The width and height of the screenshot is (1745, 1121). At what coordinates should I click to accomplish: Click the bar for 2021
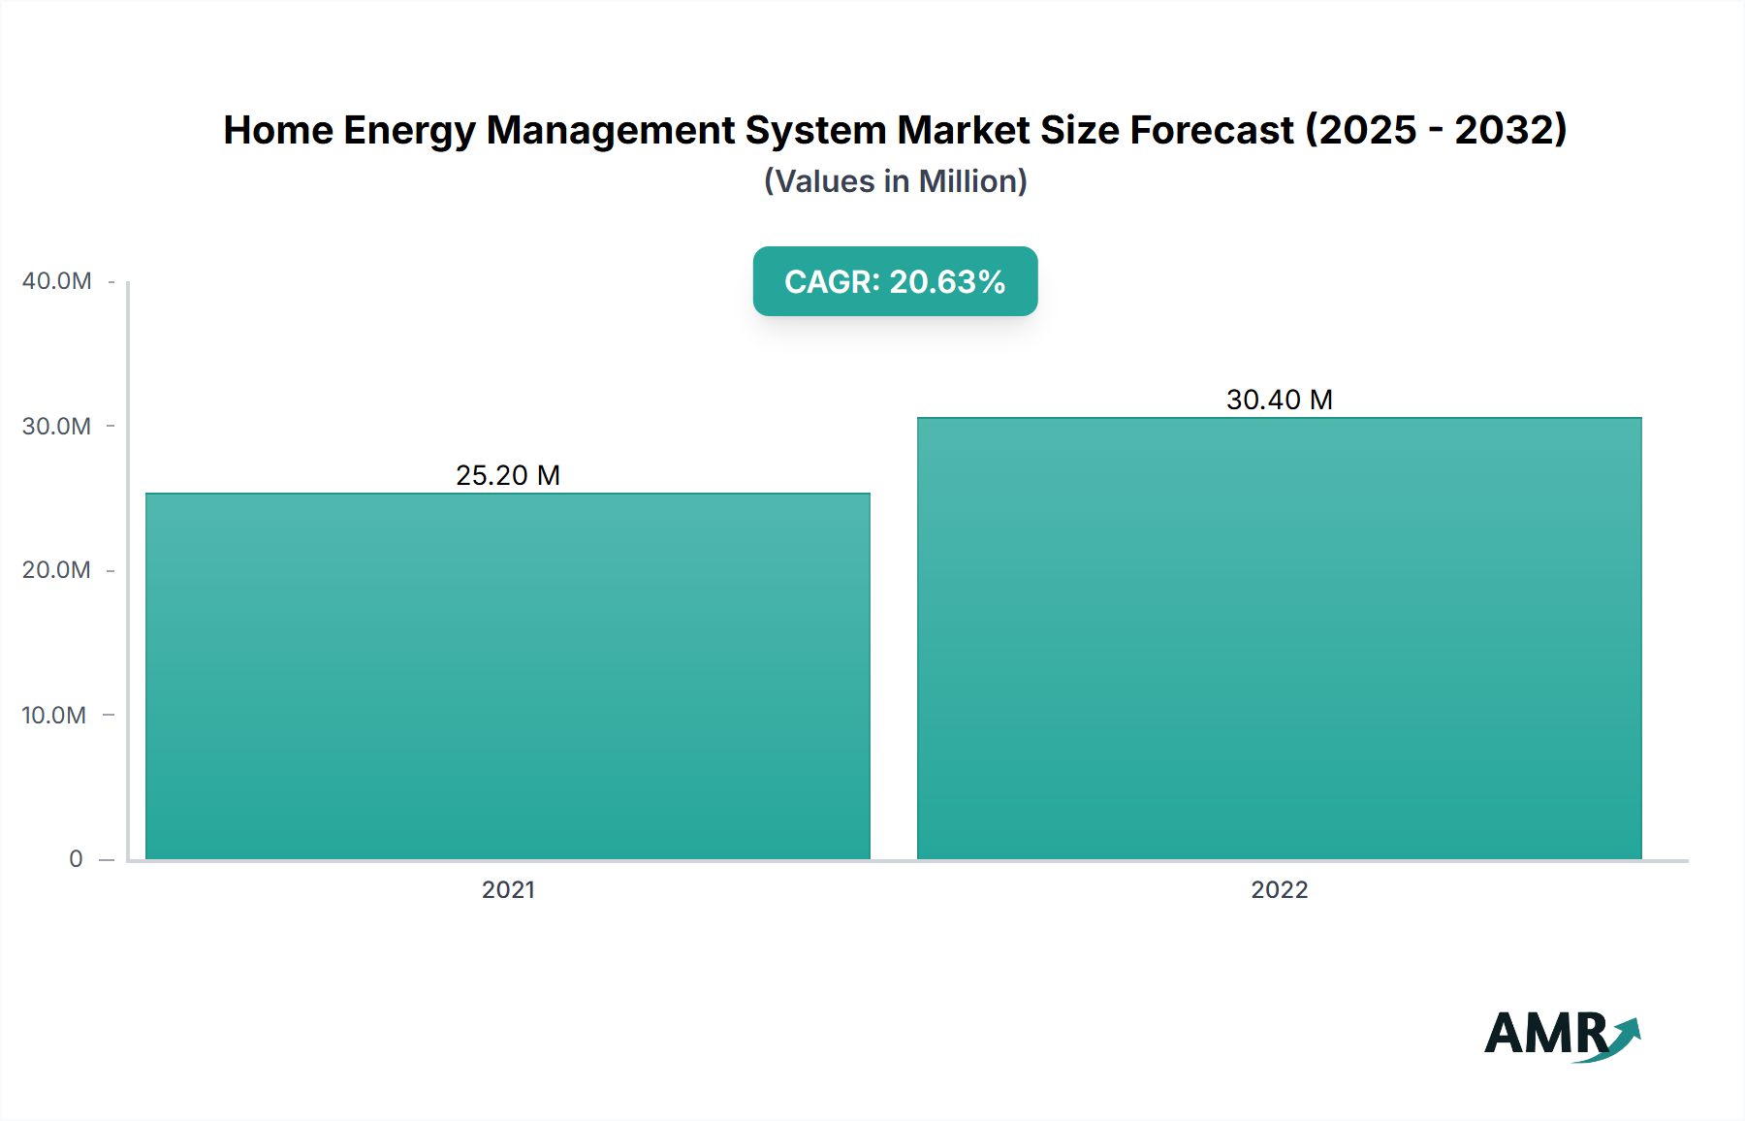508,676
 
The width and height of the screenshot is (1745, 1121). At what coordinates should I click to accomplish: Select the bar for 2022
1279,638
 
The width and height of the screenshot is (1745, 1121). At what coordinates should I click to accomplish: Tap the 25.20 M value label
508,475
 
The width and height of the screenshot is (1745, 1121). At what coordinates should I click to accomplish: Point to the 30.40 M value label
1279,400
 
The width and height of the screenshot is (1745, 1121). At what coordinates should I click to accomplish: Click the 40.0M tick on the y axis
57,281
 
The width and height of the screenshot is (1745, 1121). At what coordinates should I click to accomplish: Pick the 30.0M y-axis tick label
57,426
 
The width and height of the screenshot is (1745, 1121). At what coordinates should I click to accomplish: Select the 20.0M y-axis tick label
57,570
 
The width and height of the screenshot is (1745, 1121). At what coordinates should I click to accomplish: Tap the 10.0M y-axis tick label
54,715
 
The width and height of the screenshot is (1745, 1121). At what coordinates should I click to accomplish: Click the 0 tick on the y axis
76,859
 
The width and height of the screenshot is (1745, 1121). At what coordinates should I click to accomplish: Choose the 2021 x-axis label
508,889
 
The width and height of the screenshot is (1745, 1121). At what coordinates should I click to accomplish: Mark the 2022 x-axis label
1279,889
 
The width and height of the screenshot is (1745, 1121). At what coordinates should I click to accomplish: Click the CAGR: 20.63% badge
895,281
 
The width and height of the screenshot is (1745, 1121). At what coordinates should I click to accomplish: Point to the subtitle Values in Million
895,181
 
